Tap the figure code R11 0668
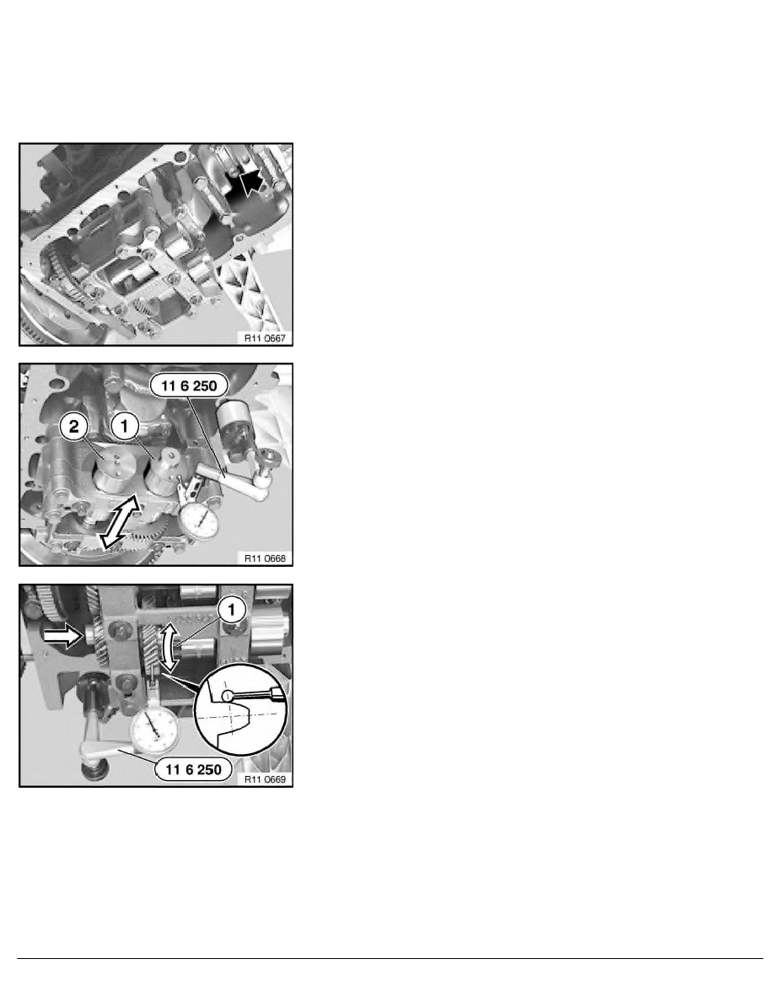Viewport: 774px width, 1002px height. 264,558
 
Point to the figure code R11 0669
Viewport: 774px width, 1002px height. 264,779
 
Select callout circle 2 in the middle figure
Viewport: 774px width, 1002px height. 75,428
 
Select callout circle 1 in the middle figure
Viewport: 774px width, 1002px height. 128,428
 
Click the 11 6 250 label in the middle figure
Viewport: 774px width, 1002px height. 188,385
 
